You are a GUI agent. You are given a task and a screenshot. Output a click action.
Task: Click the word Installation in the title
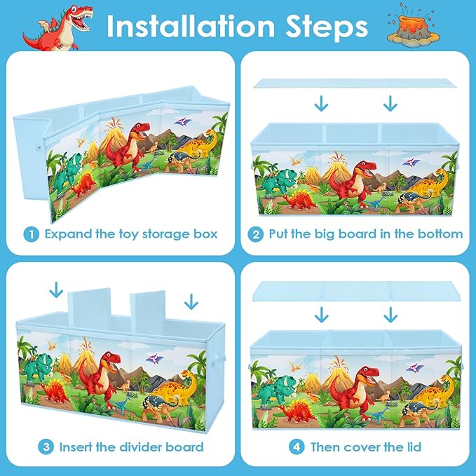point(191,26)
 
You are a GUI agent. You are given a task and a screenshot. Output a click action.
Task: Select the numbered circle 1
point(32,234)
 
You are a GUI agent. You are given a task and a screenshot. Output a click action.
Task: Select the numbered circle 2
point(256,234)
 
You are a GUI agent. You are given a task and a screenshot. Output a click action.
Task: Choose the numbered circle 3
point(46,447)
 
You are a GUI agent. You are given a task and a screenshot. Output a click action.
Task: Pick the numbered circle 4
point(297,447)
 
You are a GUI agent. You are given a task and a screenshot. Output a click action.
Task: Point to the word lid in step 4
point(414,447)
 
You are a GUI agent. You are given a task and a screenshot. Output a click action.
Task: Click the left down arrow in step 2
point(321,103)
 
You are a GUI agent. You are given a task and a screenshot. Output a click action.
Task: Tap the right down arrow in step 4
point(390,315)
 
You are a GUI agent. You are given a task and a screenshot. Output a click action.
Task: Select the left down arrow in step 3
point(56,290)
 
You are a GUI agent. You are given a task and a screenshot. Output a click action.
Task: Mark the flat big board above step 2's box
point(355,83)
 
